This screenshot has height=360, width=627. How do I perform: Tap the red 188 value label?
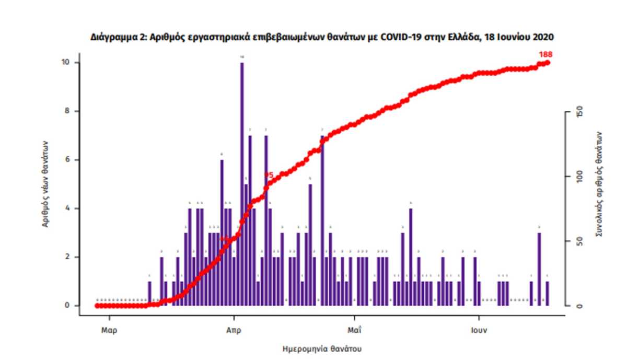(545, 54)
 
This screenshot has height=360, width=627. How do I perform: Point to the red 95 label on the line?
(269, 175)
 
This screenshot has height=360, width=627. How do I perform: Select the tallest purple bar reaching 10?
(242, 183)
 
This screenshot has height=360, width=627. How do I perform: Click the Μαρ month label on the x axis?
(109, 330)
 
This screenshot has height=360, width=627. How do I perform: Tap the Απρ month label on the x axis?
(234, 330)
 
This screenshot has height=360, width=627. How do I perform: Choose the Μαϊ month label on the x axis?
(354, 330)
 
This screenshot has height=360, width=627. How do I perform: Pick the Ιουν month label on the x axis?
(479, 330)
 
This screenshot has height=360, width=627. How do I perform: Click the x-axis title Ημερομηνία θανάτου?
(322, 349)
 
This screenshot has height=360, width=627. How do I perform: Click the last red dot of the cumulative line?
(548, 63)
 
